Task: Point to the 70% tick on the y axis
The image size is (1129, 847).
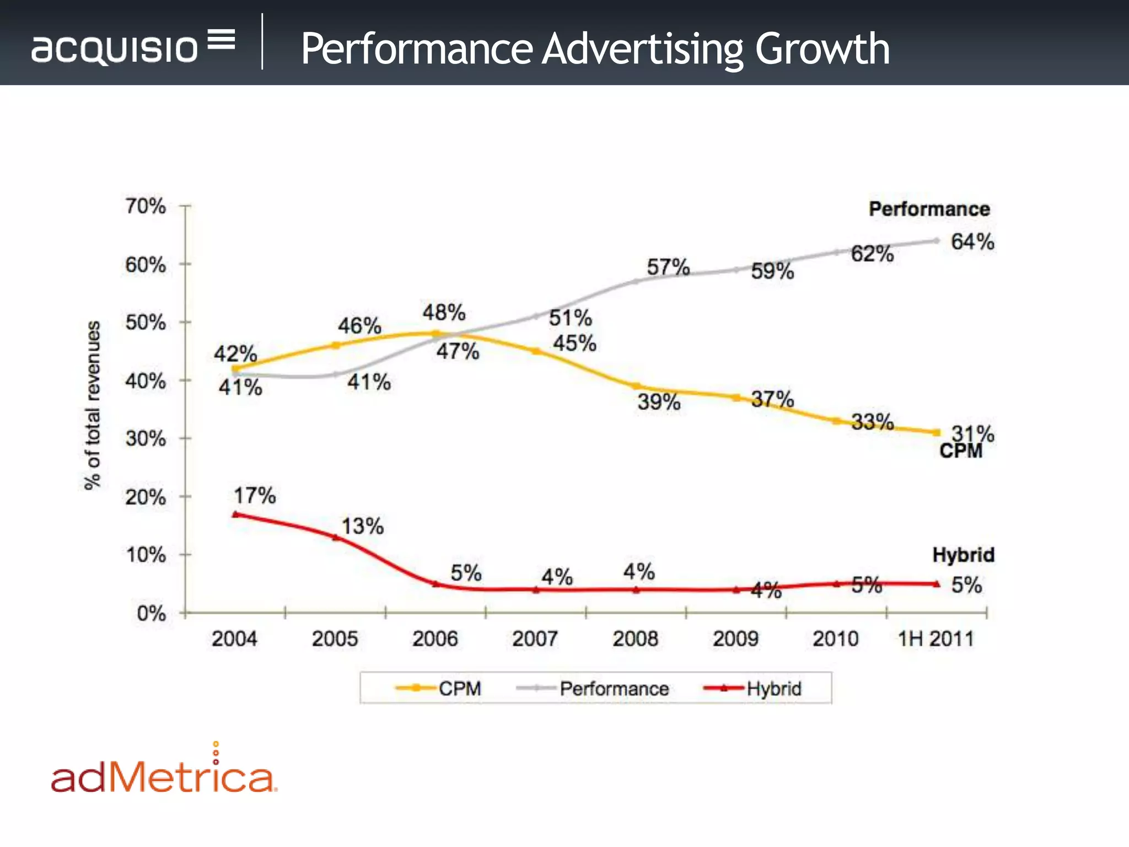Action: [x=146, y=206]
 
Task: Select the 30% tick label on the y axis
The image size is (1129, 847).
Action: [x=146, y=439]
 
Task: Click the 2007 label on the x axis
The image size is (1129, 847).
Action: [x=535, y=639]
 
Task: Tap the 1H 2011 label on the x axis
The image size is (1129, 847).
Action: [x=936, y=639]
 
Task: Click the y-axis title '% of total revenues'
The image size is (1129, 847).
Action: [x=93, y=405]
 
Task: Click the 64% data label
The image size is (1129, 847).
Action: [x=972, y=242]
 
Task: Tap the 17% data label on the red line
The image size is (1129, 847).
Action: [x=255, y=495]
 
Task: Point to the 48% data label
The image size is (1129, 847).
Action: [x=444, y=312]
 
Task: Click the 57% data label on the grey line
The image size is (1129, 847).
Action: [x=668, y=267]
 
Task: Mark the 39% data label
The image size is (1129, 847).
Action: [x=659, y=401]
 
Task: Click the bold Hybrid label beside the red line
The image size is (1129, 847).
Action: [x=963, y=554]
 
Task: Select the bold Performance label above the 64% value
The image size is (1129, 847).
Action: [x=929, y=209]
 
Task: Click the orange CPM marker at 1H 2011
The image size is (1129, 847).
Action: [x=936, y=432]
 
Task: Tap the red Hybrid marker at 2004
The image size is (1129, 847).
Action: [x=235, y=514]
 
